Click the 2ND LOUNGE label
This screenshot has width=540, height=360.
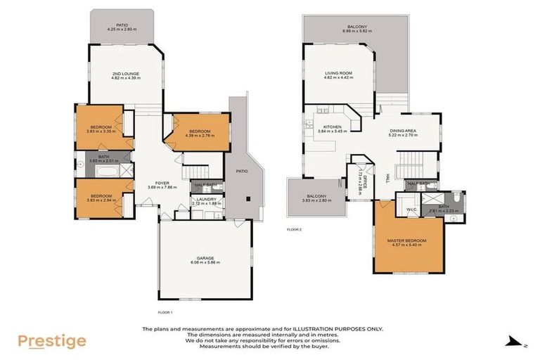(x=126, y=73)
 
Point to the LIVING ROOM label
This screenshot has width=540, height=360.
(x=337, y=73)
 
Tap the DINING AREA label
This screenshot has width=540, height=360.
(x=403, y=130)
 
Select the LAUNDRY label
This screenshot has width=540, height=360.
(x=206, y=200)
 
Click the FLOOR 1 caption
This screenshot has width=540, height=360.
(x=166, y=311)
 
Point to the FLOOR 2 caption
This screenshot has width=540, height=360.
(x=294, y=229)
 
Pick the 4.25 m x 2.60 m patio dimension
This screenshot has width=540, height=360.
(x=122, y=29)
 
